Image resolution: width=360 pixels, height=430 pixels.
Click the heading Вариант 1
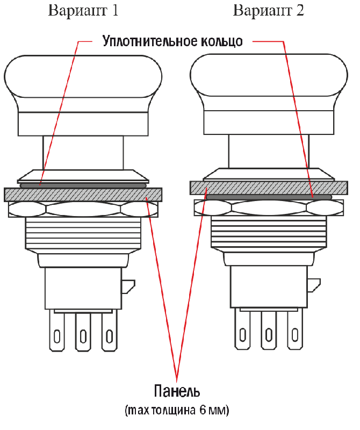click(83, 11)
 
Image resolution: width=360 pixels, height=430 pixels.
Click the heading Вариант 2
click(269, 11)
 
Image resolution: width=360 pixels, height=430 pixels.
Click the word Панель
click(177, 391)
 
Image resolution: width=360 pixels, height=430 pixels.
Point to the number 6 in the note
click(203, 410)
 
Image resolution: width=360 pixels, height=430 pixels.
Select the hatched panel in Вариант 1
click(83, 195)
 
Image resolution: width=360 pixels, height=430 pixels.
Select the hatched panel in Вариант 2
click(269, 188)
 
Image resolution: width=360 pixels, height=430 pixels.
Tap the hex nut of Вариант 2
click(269, 208)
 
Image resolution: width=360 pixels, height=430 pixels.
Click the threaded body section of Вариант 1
click(83, 233)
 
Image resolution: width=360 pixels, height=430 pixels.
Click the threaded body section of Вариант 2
click(269, 232)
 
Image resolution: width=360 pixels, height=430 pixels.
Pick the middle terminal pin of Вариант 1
click(83, 331)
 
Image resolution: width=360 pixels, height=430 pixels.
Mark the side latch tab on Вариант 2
click(314, 285)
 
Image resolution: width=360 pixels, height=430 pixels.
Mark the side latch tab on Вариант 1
click(128, 286)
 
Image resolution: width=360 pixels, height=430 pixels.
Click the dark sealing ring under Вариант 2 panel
click(269, 197)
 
